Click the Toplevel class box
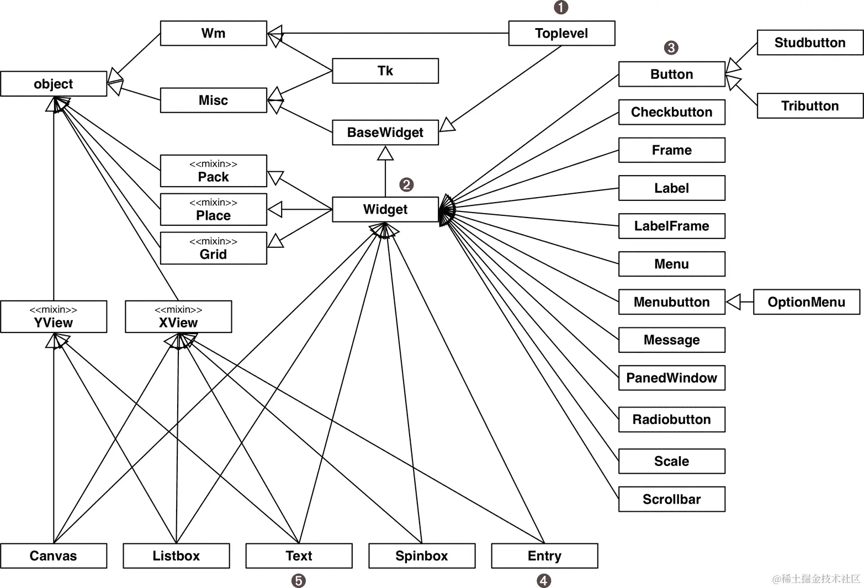point(561,33)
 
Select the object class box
point(54,84)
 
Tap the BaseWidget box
point(385,133)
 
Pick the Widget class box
point(385,209)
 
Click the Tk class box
point(385,71)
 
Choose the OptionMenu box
point(806,302)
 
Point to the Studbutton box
point(809,43)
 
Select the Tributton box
point(809,105)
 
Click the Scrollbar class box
point(671,499)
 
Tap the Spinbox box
point(421,555)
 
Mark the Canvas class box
point(54,555)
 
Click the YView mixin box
point(54,317)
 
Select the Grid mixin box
point(213,248)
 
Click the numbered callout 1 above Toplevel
point(561,7)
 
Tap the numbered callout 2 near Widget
point(406,185)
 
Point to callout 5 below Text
point(298,580)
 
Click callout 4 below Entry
point(544,580)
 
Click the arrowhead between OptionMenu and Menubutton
point(733,302)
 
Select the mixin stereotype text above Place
point(213,203)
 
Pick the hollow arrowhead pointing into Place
point(275,209)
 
